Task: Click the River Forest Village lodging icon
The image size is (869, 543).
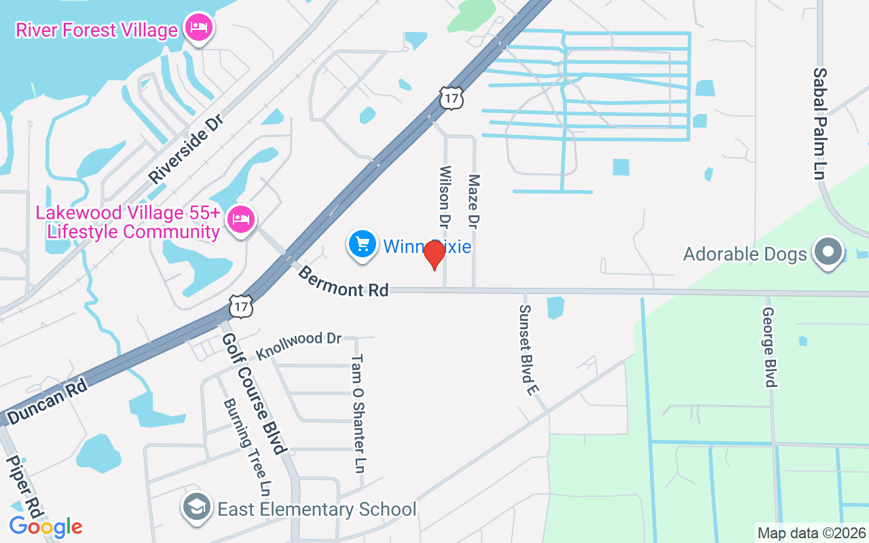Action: pos(198,29)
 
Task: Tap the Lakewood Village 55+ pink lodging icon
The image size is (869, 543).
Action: pos(241,219)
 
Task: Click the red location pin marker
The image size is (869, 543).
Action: pos(434,255)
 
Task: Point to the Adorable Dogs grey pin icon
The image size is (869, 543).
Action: pos(828,252)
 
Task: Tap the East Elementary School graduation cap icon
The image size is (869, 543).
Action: pos(197,508)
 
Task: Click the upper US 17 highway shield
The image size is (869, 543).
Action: pos(451,97)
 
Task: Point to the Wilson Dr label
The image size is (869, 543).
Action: pos(445,197)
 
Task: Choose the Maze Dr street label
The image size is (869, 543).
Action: pos(474,201)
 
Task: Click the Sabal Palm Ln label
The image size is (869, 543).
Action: pos(820,124)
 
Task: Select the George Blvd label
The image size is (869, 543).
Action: pos(769,347)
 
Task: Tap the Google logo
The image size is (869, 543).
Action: pos(45,527)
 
